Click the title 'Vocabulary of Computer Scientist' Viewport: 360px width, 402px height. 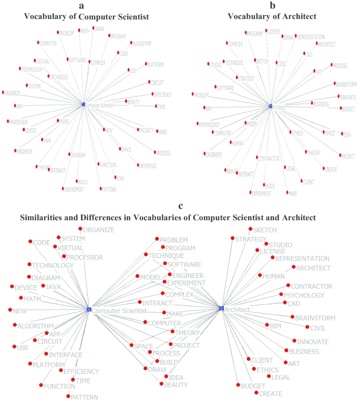pyautogui.click(x=84, y=16)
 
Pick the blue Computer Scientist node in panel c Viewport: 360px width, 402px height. pyautogui.click(x=89, y=310)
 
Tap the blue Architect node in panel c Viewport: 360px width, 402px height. pyautogui.click(x=222, y=308)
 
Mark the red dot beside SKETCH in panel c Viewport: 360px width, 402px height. pyautogui.click(x=250, y=230)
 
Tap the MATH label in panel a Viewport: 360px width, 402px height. pyautogui.click(x=84, y=31)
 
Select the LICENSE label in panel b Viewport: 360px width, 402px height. pyautogui.click(x=274, y=31)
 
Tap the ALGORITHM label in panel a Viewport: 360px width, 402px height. pyautogui.click(x=141, y=43)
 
